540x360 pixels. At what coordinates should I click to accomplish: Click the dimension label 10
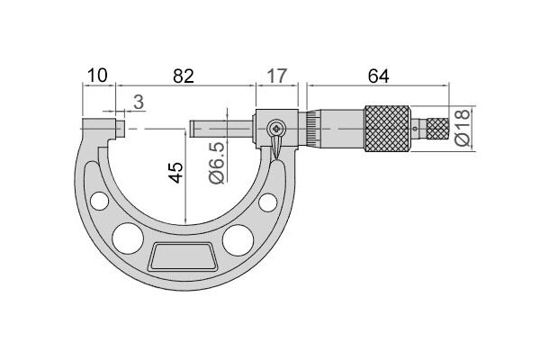point(97,76)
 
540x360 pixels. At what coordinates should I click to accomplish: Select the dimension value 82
point(184,76)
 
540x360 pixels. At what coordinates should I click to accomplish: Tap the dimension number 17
point(277,76)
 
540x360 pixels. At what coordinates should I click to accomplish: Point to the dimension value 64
point(378,76)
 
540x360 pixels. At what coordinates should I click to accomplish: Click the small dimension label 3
point(139,102)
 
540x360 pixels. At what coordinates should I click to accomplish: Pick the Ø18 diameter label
point(463,128)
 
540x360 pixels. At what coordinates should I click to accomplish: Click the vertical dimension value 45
point(175,172)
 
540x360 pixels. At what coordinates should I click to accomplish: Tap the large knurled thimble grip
point(387,129)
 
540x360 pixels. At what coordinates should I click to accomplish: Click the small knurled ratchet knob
point(437,129)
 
